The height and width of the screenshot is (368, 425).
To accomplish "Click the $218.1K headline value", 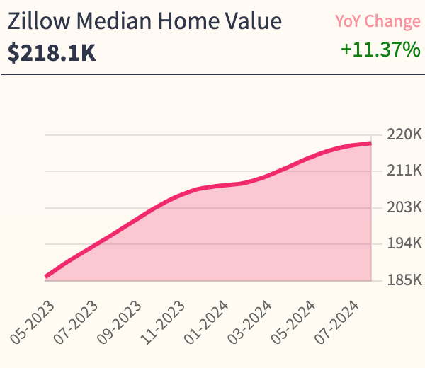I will coord(52,53).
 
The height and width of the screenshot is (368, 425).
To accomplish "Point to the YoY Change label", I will coord(378,22).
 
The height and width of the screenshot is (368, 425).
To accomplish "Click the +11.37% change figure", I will coord(380,50).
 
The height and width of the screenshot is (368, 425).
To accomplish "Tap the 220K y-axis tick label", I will coord(404,134).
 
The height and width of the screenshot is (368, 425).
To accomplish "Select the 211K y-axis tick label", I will coord(404,171).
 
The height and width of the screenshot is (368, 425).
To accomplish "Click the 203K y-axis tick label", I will coord(404,207).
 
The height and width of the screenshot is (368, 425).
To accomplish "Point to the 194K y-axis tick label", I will coord(404,243).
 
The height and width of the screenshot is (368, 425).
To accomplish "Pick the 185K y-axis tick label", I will coord(404,280).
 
